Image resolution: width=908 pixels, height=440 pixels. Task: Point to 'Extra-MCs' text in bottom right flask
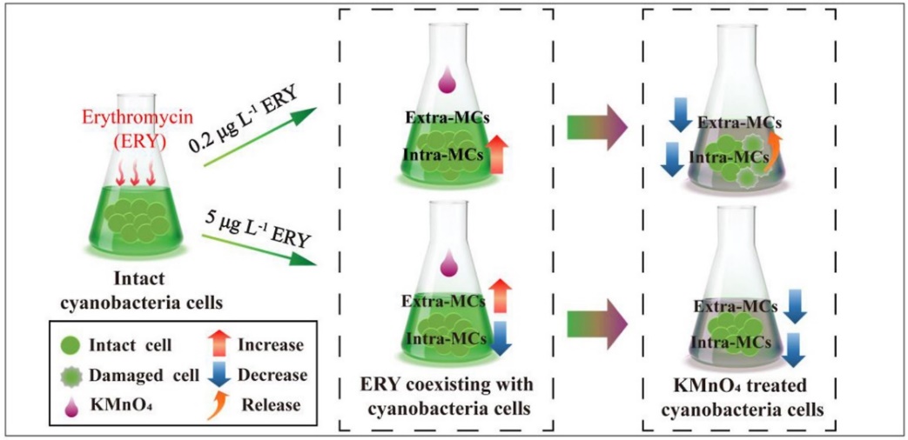[736, 307]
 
